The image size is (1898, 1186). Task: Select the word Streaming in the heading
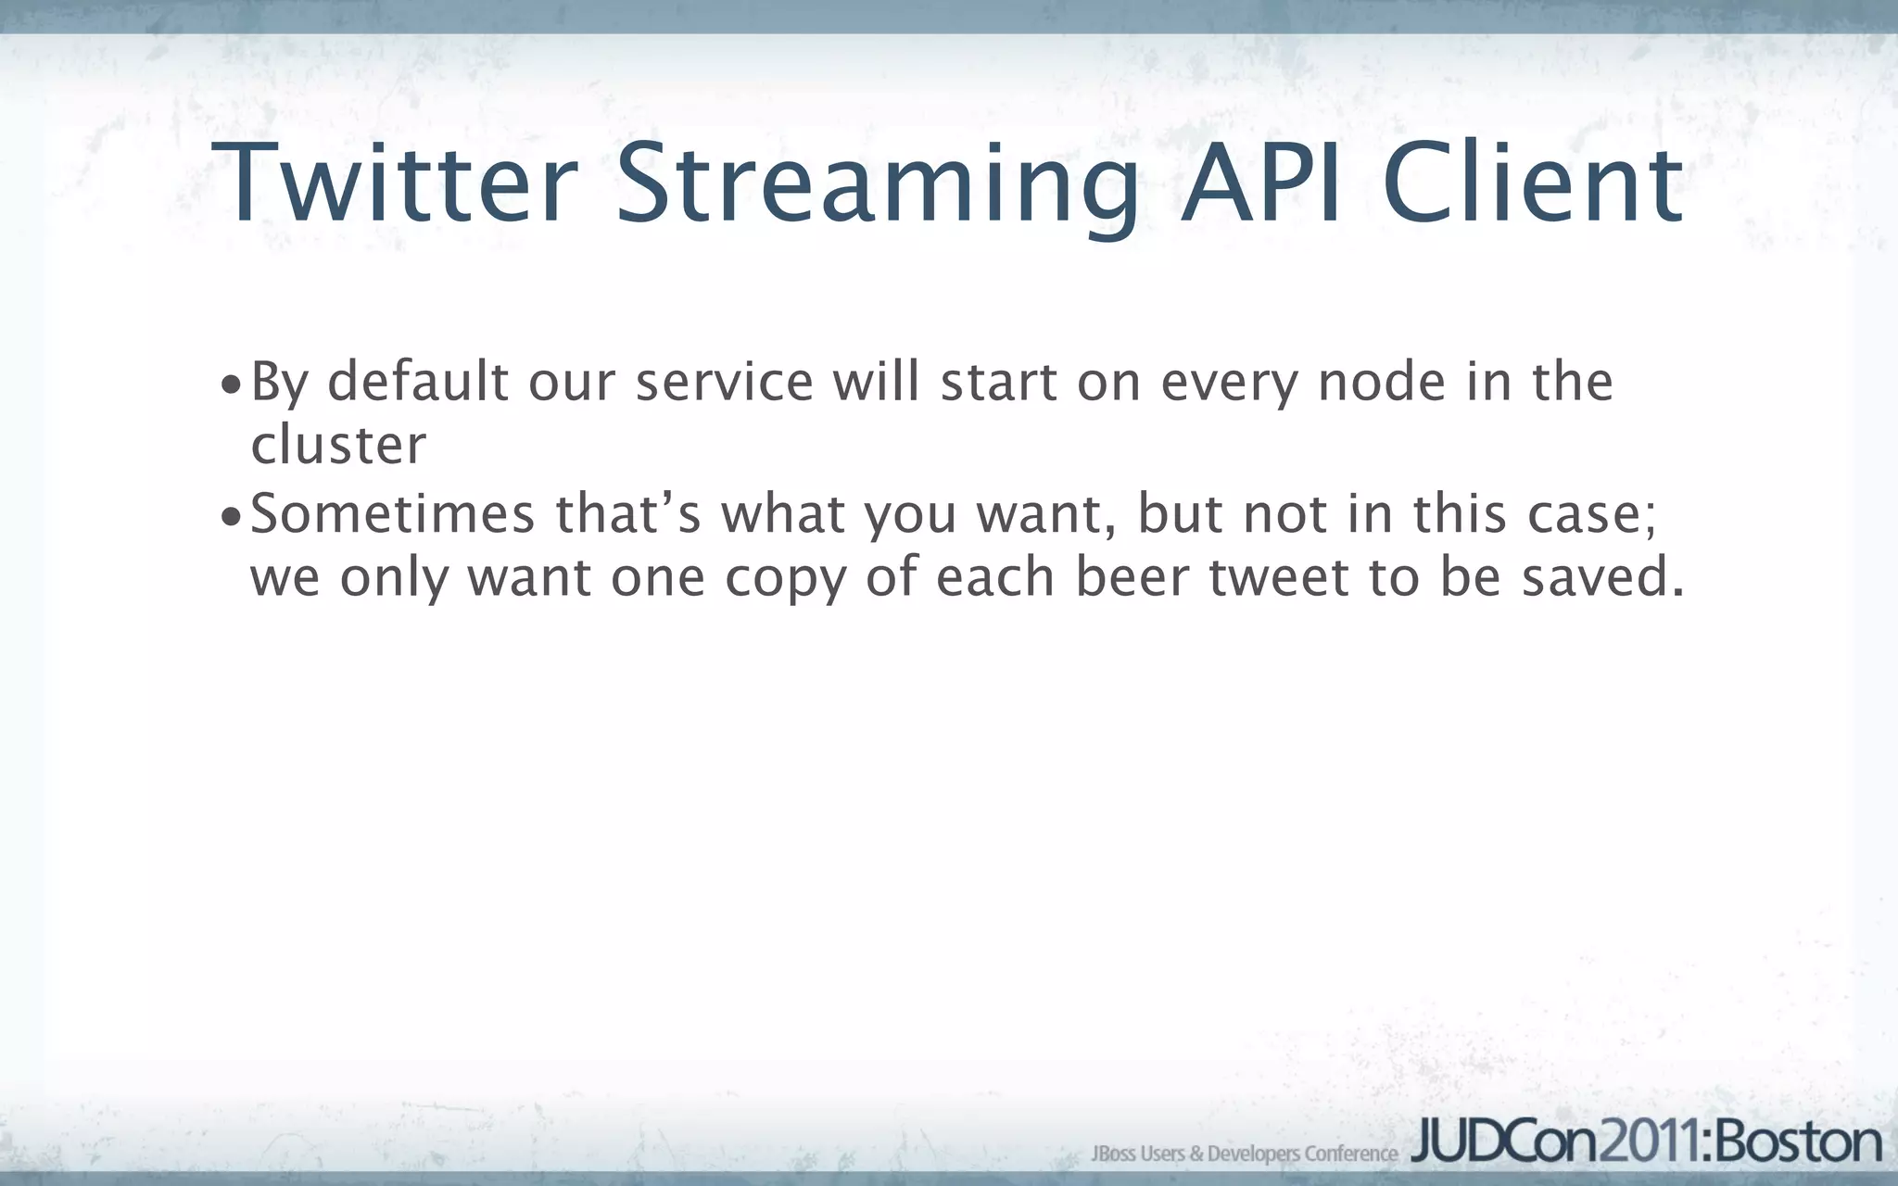pyautogui.click(x=877, y=185)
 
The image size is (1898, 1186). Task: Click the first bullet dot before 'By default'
pyautogui.click(x=231, y=385)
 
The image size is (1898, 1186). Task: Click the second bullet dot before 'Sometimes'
pyautogui.click(x=231, y=517)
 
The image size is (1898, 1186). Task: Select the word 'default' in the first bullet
pyautogui.click(x=418, y=381)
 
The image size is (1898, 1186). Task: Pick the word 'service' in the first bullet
pyautogui.click(x=724, y=381)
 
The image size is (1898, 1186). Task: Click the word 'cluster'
pyautogui.click(x=338, y=445)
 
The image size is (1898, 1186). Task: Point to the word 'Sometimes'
pyautogui.click(x=393, y=513)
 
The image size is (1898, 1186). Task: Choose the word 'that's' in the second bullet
pyautogui.click(x=628, y=513)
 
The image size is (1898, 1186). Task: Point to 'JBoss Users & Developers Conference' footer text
pyautogui.click(x=1245, y=1154)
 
